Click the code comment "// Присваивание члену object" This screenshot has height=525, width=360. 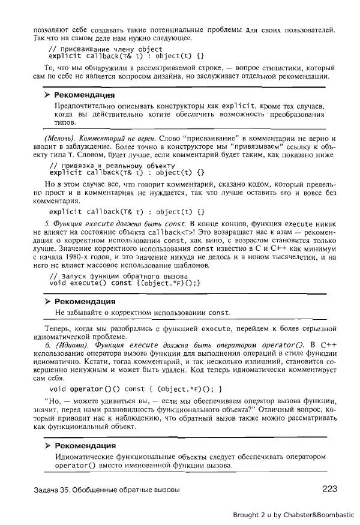click(x=105, y=49)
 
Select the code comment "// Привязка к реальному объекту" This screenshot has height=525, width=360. click(x=112, y=165)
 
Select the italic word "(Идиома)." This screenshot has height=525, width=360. click(x=72, y=345)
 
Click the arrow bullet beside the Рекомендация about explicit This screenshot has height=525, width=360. click(x=47, y=95)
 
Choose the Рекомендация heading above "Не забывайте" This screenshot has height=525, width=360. click(x=85, y=301)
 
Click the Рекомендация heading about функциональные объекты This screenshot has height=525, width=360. click(x=85, y=446)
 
